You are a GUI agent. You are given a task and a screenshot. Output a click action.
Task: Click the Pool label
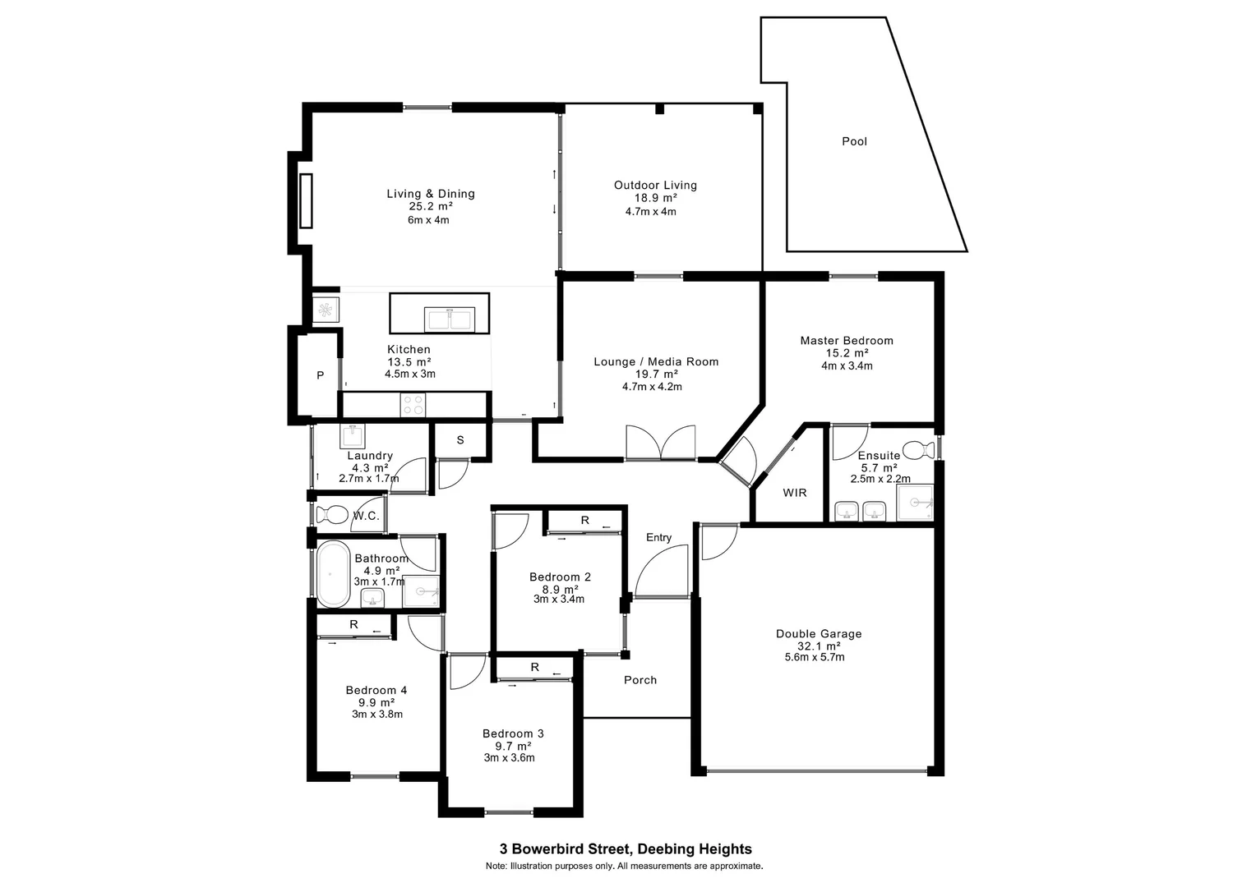pyautogui.click(x=854, y=141)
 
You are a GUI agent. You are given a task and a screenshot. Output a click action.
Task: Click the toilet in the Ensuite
pyautogui.click(x=916, y=450)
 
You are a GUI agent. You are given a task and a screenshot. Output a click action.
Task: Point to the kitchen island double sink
pyautogui.click(x=449, y=318)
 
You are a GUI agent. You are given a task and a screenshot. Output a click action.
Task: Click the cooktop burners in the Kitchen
pyautogui.click(x=413, y=405)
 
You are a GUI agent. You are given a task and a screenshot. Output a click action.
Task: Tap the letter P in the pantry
pyautogui.click(x=321, y=375)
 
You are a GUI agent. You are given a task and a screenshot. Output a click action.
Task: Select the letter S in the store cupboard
pyautogui.click(x=460, y=440)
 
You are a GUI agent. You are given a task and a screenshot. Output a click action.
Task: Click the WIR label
pyautogui.click(x=794, y=493)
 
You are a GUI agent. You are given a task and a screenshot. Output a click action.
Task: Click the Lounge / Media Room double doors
pyautogui.click(x=660, y=443)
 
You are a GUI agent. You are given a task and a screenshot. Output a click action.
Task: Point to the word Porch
pyautogui.click(x=640, y=680)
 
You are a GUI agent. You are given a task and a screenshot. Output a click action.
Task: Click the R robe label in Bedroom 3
pyautogui.click(x=534, y=667)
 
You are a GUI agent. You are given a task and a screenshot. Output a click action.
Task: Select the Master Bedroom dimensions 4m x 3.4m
pyautogui.click(x=847, y=365)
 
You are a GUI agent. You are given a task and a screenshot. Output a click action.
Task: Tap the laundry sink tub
pyautogui.click(x=353, y=435)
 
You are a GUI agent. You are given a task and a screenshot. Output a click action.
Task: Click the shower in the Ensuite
pyautogui.click(x=914, y=502)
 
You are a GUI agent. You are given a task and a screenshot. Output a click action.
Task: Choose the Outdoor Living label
pyautogui.click(x=655, y=185)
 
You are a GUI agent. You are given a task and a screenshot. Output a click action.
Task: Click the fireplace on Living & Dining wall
pyautogui.click(x=306, y=200)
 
